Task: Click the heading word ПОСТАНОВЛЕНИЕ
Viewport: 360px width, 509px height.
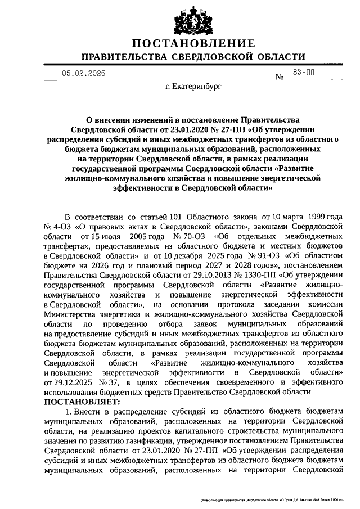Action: [x=193, y=44]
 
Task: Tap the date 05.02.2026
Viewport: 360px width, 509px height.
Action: [x=83, y=74]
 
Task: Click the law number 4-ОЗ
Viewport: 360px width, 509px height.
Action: [x=58, y=226]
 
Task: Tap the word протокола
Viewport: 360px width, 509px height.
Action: [x=230, y=304]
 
